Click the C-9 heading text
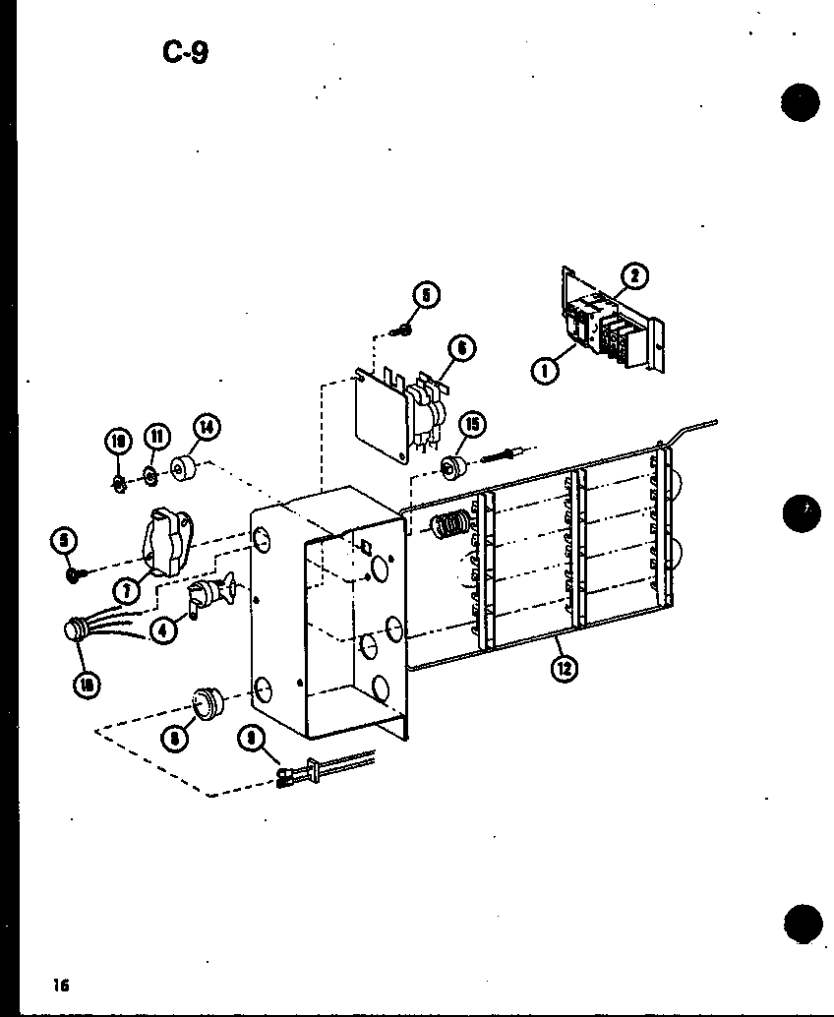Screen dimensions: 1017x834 coord(185,52)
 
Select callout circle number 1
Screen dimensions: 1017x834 coord(543,372)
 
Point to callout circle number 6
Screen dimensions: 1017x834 coord(460,347)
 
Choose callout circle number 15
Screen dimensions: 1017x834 coord(474,425)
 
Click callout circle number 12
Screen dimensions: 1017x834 coord(564,669)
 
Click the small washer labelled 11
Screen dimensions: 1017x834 coord(150,478)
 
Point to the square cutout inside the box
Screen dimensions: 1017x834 coord(362,547)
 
